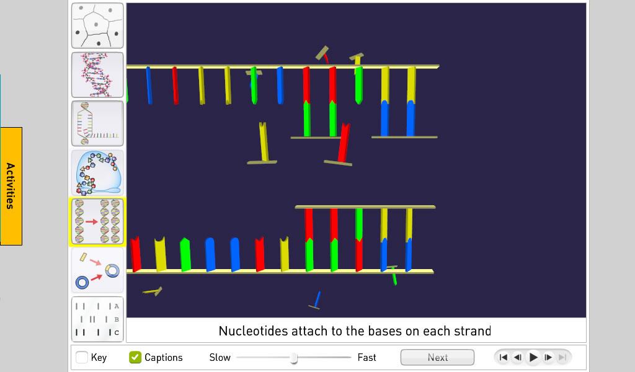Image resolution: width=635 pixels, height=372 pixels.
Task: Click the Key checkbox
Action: pos(82,357)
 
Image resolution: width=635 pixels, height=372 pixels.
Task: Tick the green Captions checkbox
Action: pos(135,357)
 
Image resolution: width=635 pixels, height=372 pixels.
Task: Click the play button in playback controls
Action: pos(533,357)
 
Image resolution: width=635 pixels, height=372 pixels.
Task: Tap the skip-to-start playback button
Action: pos(504,357)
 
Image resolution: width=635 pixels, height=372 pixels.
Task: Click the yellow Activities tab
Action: pos(11,186)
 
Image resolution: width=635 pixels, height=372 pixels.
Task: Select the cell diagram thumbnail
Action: pos(97,25)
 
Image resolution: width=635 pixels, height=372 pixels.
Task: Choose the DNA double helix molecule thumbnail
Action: pos(97,74)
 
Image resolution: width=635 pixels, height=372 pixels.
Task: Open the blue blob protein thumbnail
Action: pos(97,173)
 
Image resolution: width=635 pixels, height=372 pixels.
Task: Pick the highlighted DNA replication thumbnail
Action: pos(97,222)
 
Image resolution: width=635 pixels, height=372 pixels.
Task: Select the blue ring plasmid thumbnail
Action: pos(97,270)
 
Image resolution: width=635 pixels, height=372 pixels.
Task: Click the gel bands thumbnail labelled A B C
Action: pos(97,319)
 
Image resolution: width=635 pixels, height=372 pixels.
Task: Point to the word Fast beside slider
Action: pos(366,357)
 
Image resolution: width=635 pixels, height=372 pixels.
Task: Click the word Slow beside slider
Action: pos(220,357)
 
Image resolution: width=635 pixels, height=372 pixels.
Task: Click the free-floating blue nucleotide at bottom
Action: pos(316,300)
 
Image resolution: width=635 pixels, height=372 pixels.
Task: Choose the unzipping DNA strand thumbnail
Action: pos(97,123)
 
